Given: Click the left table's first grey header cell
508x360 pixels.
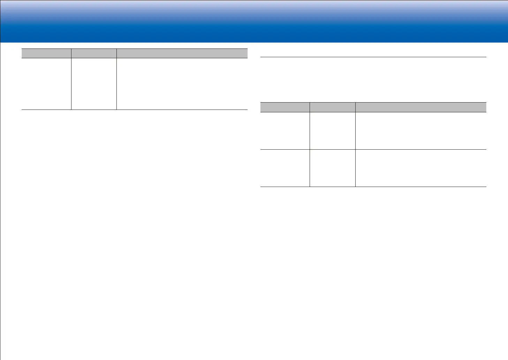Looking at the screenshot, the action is [x=46, y=53].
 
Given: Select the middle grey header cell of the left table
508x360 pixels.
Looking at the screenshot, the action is [x=94, y=53].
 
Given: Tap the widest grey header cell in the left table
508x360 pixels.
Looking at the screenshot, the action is [x=182, y=53].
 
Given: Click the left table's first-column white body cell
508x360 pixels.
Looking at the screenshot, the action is [x=46, y=84].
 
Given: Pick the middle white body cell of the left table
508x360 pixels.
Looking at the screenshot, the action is [x=94, y=84].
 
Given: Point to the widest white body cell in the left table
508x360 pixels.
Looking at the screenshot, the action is [x=182, y=84].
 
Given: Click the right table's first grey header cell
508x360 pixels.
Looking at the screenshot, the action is [x=285, y=107].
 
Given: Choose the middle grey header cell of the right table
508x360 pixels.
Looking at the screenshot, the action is [x=333, y=107].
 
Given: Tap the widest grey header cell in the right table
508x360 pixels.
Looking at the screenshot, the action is [x=421, y=107].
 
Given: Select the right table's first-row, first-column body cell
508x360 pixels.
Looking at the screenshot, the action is [x=285, y=131].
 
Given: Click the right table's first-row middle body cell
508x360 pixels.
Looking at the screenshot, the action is [x=333, y=131].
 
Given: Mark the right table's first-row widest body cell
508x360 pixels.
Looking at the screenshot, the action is [x=421, y=131].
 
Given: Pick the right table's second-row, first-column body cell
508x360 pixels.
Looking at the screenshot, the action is [x=285, y=168].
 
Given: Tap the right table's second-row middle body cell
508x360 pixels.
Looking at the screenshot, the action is [x=333, y=168].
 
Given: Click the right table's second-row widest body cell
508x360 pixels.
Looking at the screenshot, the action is [x=421, y=168].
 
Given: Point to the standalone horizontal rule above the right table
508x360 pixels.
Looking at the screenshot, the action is [x=373, y=57].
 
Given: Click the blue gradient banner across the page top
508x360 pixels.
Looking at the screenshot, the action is [x=254, y=21].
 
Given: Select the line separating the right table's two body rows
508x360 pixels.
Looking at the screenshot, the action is [x=373, y=150].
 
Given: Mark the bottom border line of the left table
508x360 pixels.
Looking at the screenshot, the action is [x=135, y=110].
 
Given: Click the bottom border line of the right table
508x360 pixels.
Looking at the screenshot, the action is [x=373, y=187].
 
